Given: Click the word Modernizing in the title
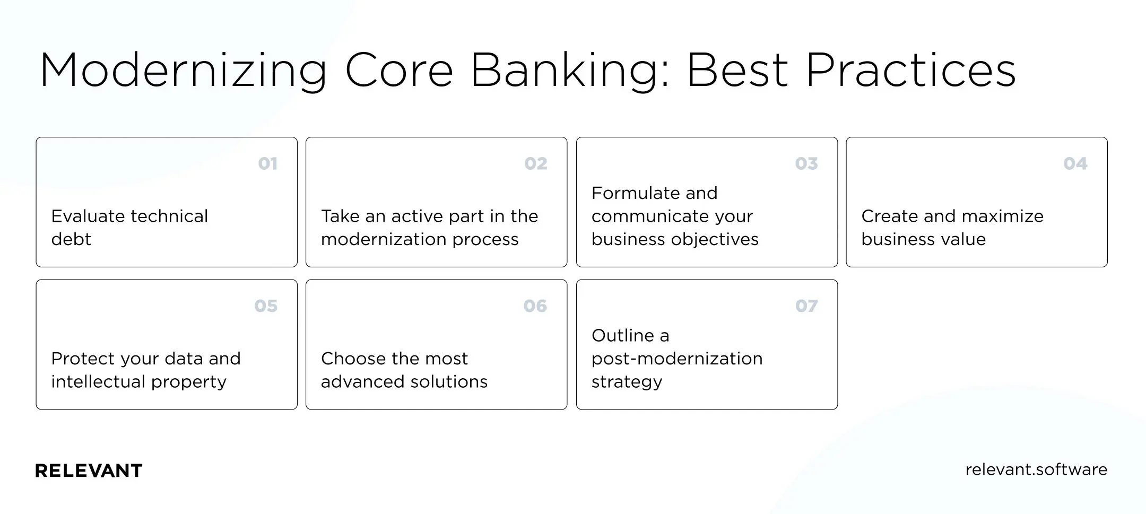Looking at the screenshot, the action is [184, 71].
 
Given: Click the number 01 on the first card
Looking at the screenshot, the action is [268, 163].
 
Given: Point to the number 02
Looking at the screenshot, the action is [536, 163].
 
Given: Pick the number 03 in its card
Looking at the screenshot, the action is [806, 163].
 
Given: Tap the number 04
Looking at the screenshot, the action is [1075, 163].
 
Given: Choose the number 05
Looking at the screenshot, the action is [266, 306].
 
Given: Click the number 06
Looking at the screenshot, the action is [535, 306].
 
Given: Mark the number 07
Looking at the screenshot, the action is [806, 306].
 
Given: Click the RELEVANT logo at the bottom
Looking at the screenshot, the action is [89, 471].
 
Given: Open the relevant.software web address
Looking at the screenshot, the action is [1036, 469].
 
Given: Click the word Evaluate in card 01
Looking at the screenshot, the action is [88, 216].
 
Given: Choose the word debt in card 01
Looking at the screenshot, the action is [71, 239].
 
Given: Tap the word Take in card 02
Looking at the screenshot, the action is [340, 216].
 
